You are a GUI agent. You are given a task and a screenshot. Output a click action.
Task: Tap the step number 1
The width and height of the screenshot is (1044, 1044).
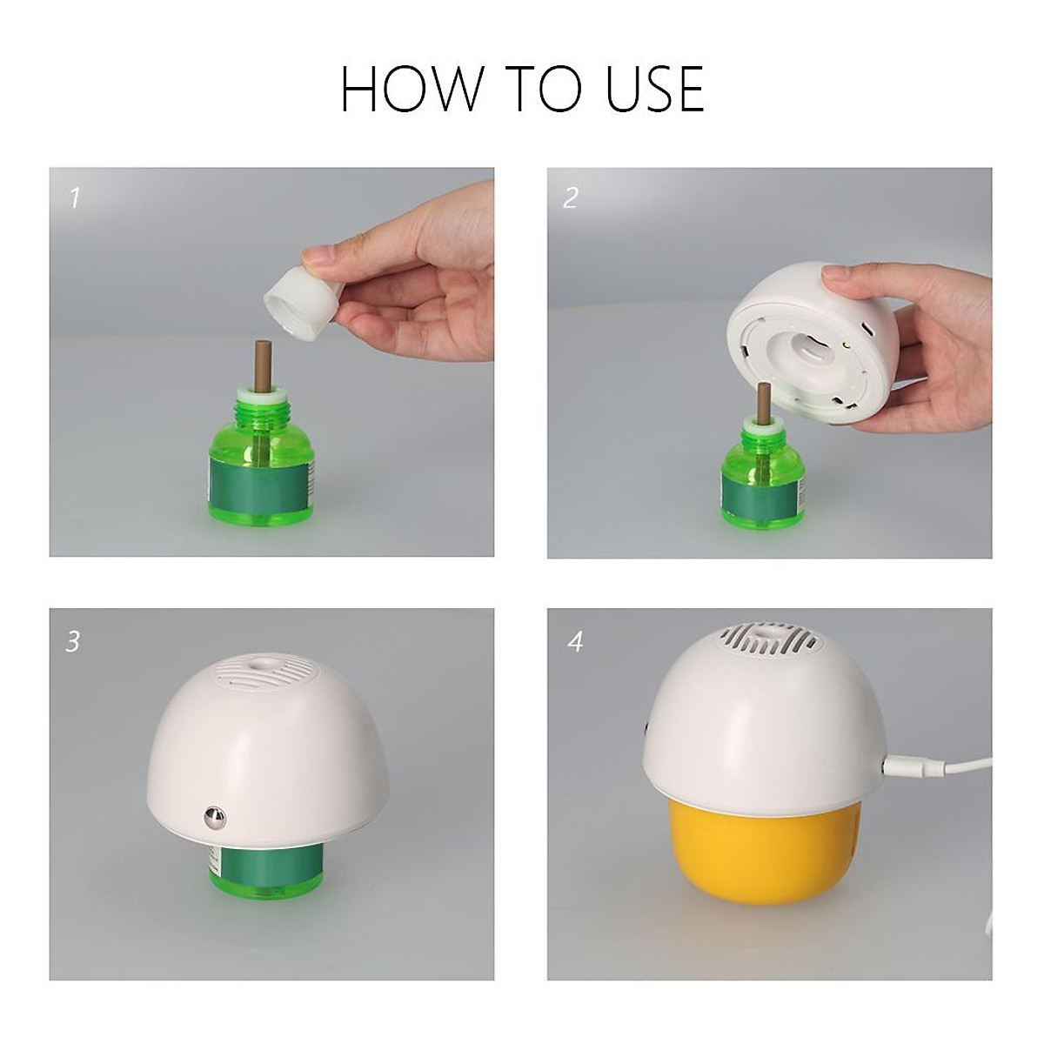pyautogui.click(x=74, y=198)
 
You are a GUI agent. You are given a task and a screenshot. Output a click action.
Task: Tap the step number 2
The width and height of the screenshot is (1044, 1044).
pyautogui.click(x=570, y=198)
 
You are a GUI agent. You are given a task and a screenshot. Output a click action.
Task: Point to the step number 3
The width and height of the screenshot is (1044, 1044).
pyautogui.click(x=73, y=642)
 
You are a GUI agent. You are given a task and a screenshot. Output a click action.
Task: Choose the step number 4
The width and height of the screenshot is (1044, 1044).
pyautogui.click(x=574, y=642)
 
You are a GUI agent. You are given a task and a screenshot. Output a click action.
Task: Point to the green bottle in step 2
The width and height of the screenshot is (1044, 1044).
pyautogui.click(x=763, y=483)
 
